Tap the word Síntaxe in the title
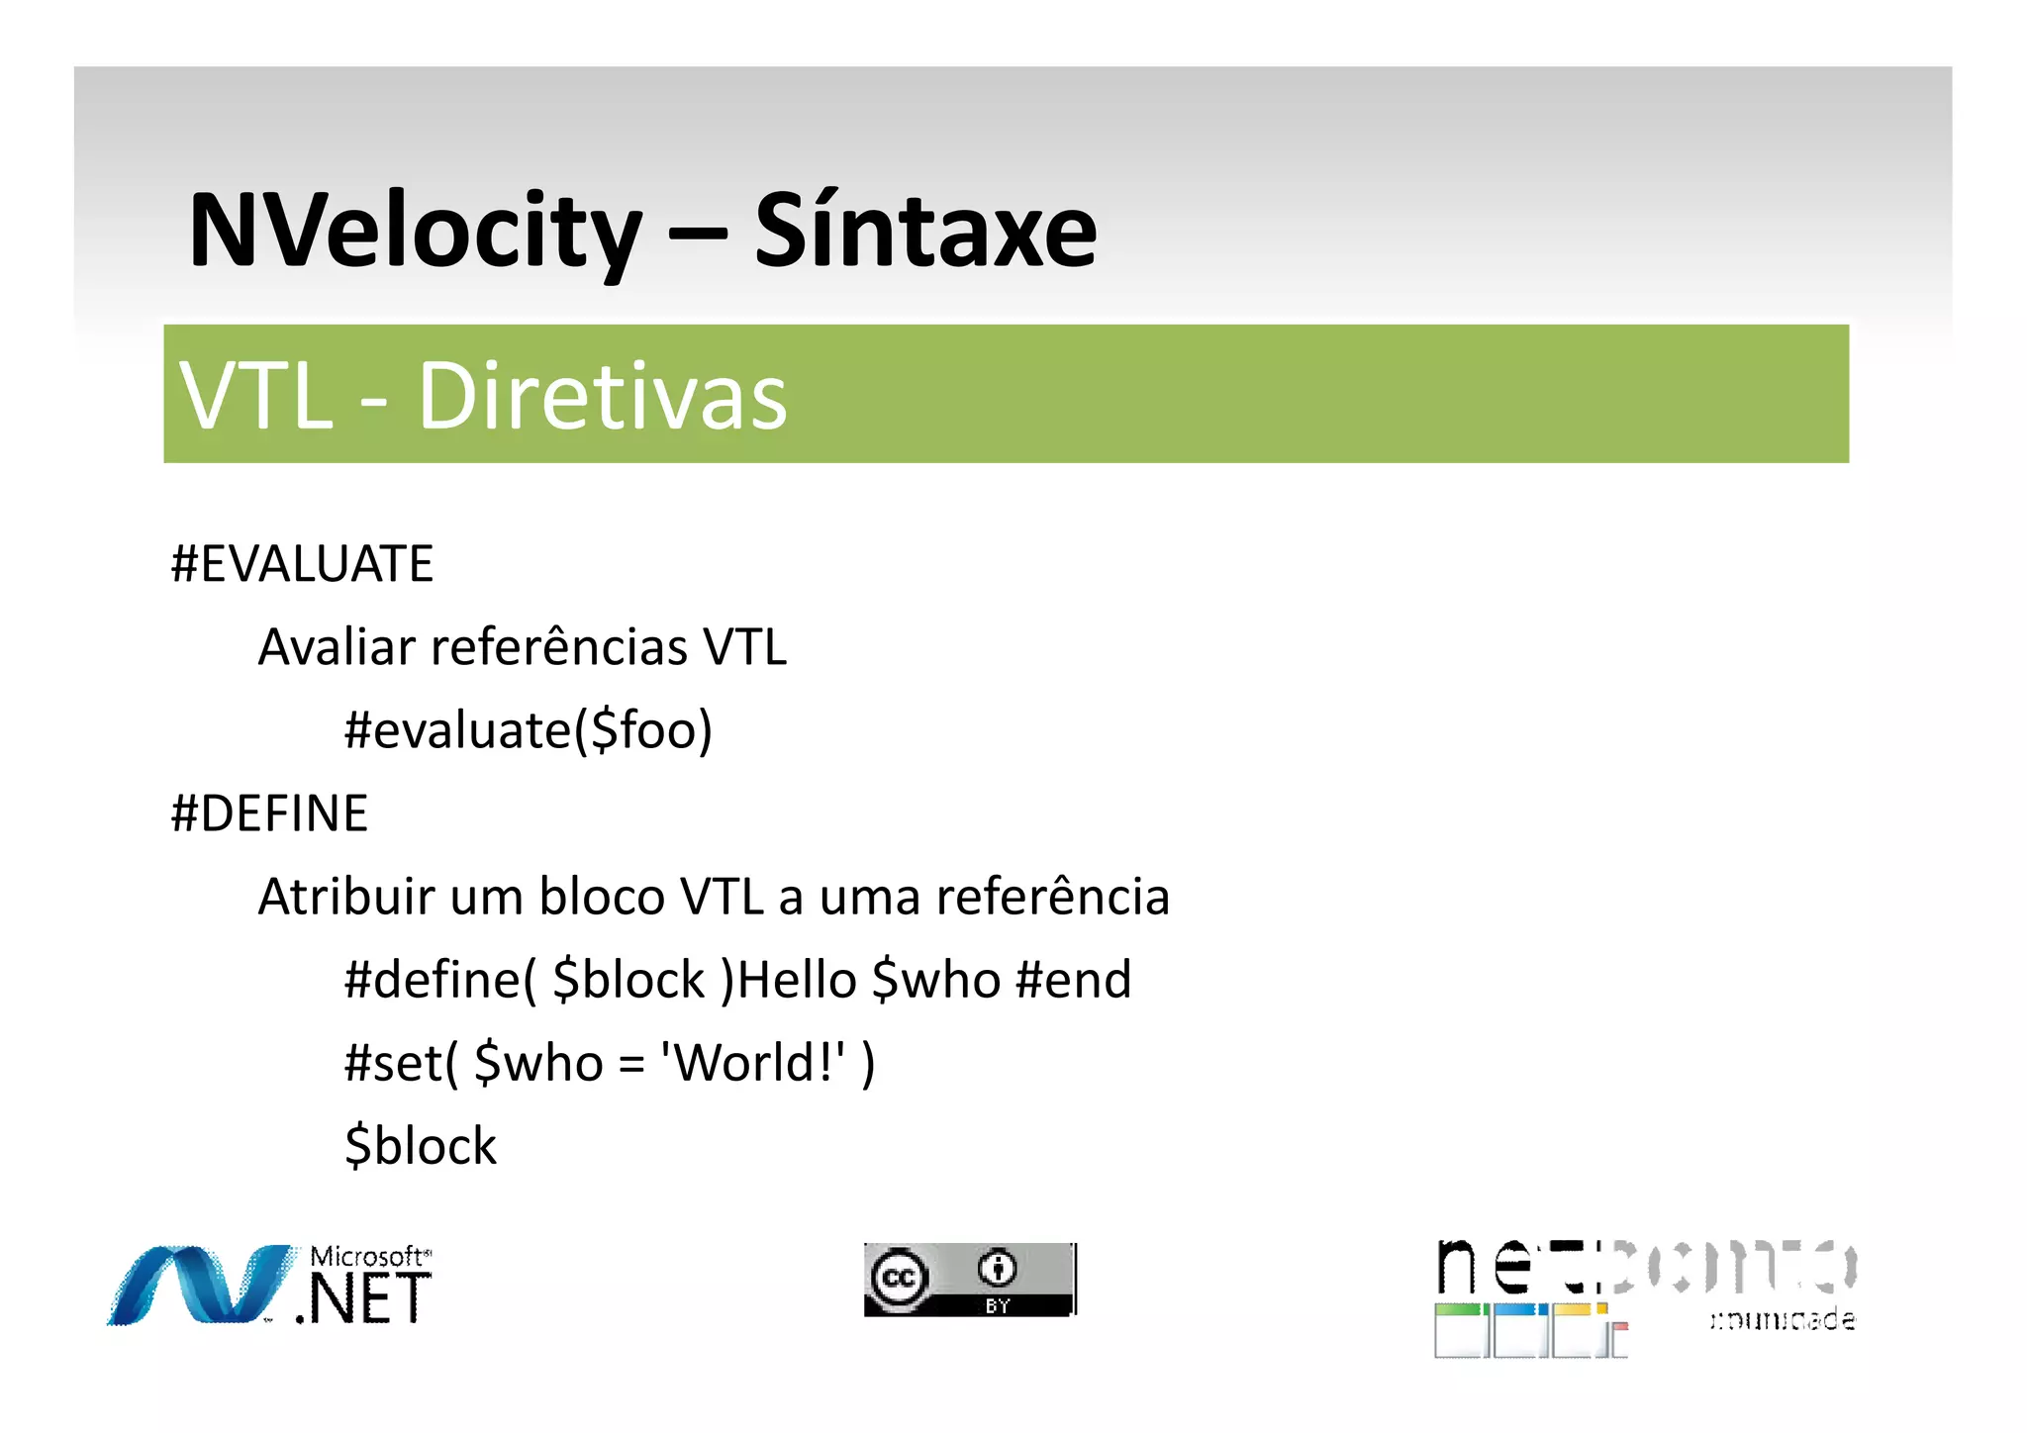point(925,232)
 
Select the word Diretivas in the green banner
point(602,396)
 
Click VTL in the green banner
point(256,396)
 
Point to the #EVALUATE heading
point(302,564)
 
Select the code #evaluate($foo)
point(528,731)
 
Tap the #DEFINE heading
point(269,813)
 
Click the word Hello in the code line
point(797,980)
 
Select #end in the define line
point(1073,980)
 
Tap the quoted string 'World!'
point(753,1063)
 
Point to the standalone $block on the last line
point(421,1146)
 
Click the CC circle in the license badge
point(899,1278)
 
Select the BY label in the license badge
point(997,1306)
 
